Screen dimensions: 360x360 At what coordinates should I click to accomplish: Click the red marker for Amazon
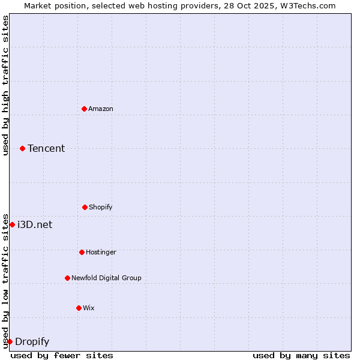[x=84, y=109]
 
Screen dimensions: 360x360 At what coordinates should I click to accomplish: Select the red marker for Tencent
[x=22, y=148]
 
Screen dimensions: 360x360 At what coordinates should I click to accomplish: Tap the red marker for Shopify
[x=85, y=207]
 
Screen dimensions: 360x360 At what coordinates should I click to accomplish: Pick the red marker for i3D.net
[x=12, y=224]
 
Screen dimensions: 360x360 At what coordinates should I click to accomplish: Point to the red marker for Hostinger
[x=82, y=252]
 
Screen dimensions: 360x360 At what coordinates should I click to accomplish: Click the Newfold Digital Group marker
[x=67, y=278]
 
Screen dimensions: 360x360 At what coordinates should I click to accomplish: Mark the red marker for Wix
[x=79, y=308]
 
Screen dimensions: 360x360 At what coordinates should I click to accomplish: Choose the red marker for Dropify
[x=10, y=341]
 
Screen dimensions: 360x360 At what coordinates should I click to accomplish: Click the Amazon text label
[x=101, y=109]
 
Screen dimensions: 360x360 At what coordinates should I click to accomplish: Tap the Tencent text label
[x=46, y=148]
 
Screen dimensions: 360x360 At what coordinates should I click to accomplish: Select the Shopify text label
[x=101, y=207]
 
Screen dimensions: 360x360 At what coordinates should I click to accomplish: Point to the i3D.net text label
[x=35, y=224]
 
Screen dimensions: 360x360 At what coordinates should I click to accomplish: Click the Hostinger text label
[x=101, y=252]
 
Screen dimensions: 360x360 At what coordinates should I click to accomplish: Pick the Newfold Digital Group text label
[x=106, y=278]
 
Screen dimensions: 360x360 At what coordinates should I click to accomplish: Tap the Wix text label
[x=89, y=308]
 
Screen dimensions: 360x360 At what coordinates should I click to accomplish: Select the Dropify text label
[x=32, y=341]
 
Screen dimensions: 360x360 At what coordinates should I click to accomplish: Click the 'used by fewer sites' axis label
[x=62, y=355]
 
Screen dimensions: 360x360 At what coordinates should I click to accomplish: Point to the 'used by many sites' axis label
[x=301, y=355]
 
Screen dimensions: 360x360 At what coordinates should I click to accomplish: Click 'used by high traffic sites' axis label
[x=5, y=85]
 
